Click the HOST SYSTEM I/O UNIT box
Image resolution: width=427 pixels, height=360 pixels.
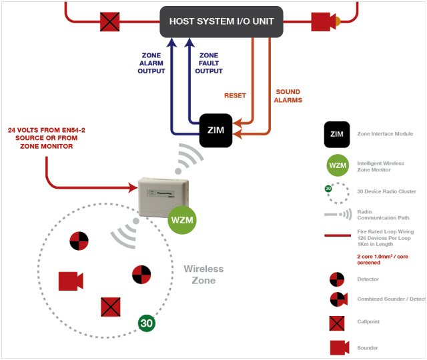[x=222, y=21]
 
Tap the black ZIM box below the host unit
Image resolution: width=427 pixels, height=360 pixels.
[x=216, y=130]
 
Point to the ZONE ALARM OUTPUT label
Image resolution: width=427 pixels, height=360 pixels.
[x=151, y=63]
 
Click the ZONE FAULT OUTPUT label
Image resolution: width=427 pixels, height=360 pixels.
[x=209, y=63]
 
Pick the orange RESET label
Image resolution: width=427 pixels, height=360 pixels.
[x=235, y=95]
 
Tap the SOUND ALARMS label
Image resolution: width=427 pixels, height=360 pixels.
[x=288, y=96]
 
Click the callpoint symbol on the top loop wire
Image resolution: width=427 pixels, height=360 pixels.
[x=109, y=21]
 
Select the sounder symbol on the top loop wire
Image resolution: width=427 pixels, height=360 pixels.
[x=325, y=21]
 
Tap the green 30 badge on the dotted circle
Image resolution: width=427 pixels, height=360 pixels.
[x=147, y=323]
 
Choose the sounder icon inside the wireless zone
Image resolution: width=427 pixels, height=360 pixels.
[x=70, y=281]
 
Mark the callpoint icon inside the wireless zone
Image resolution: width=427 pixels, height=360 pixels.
[x=110, y=307]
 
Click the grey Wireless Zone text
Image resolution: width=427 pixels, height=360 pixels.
[x=203, y=274]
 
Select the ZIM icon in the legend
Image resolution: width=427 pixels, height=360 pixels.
[x=338, y=134]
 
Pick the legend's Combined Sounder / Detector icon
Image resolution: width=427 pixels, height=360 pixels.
[x=338, y=298]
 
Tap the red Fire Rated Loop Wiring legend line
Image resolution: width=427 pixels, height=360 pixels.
[x=337, y=235]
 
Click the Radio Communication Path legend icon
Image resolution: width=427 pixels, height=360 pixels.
[x=338, y=214]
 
